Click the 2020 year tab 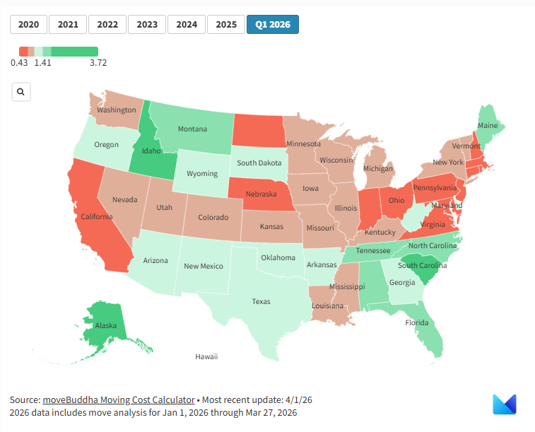(x=28, y=24)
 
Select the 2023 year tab (x=147, y=24)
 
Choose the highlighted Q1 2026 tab (x=273, y=24)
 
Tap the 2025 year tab (x=226, y=24)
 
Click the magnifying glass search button (x=21, y=92)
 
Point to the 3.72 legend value (x=98, y=62)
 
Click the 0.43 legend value (x=19, y=62)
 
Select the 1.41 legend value (x=43, y=62)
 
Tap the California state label (x=97, y=217)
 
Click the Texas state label (x=261, y=301)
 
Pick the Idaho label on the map (x=152, y=151)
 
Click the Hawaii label (x=206, y=356)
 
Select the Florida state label (x=417, y=322)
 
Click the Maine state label (x=487, y=125)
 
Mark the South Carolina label (x=422, y=266)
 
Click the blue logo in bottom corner (x=505, y=404)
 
